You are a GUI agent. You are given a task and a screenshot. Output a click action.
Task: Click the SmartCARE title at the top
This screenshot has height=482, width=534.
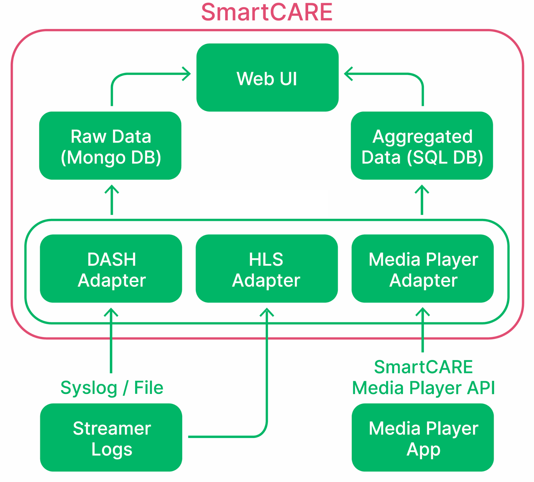point(267,13)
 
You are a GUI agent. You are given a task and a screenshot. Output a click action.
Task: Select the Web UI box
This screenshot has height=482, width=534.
point(267,78)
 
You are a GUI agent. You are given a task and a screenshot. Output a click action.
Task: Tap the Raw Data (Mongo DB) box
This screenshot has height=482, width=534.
point(110,146)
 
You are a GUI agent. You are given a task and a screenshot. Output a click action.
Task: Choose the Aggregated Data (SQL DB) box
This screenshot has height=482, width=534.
point(422,146)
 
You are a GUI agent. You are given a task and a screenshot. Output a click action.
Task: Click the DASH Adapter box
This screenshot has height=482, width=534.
point(111,269)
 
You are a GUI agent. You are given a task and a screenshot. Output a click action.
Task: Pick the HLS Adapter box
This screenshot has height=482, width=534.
point(267,269)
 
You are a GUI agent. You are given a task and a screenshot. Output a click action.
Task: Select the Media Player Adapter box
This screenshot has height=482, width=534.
point(423,269)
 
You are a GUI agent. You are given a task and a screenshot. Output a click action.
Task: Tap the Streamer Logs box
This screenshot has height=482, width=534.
point(111,438)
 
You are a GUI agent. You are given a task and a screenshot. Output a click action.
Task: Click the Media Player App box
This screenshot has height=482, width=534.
point(423,438)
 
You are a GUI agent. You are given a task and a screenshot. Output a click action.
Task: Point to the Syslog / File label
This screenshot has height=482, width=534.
point(112,388)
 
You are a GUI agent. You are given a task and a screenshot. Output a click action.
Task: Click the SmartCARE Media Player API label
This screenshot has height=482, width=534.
point(423,378)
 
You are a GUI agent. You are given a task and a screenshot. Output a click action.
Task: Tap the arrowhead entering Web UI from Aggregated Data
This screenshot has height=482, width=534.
point(347,74)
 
